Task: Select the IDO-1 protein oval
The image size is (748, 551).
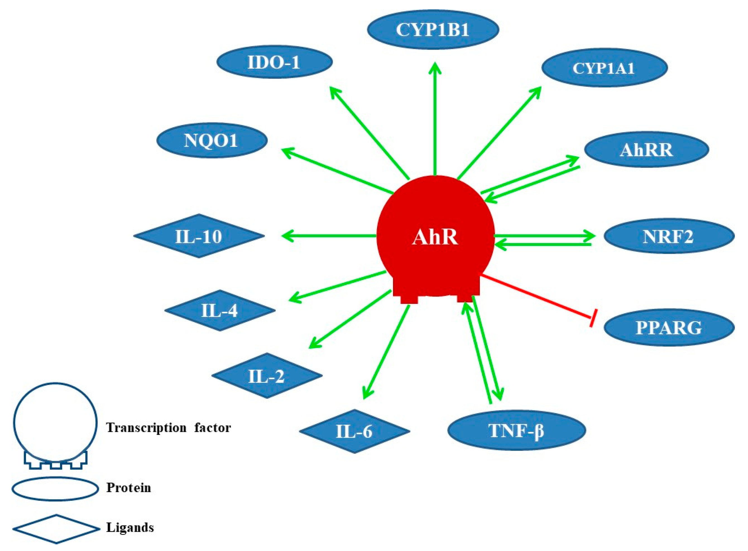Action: click(x=274, y=62)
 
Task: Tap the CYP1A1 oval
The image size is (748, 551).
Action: click(x=604, y=68)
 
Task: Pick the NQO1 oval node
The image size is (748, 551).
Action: click(x=212, y=140)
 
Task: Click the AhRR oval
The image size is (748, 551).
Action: click(x=646, y=150)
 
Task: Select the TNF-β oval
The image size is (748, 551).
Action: click(x=516, y=430)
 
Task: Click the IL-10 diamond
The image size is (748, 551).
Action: click(x=199, y=236)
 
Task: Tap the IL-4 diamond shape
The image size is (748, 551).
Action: click(x=220, y=310)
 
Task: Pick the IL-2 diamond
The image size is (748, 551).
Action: click(x=267, y=376)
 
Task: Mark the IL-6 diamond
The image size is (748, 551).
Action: click(x=354, y=431)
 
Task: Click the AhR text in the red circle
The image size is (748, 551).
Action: click(x=435, y=237)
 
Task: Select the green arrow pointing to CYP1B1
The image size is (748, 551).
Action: click(x=435, y=117)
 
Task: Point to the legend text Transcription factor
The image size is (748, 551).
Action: click(x=169, y=428)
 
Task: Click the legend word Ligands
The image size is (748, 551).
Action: click(x=130, y=527)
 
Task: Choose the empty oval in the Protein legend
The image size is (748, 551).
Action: click(x=55, y=489)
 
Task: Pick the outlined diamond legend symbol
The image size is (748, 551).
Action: click(x=56, y=529)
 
